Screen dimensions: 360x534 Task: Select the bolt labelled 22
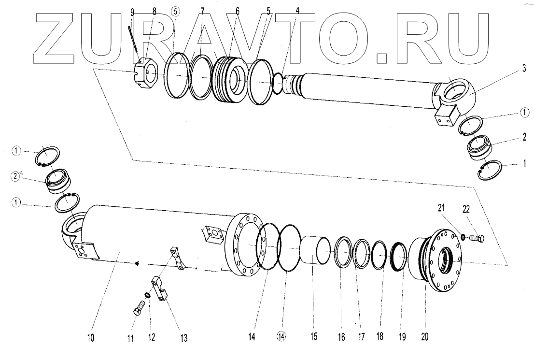click(x=478, y=238)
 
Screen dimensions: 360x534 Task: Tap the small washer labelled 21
click(x=462, y=237)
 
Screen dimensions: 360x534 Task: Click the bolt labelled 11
click(x=139, y=307)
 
